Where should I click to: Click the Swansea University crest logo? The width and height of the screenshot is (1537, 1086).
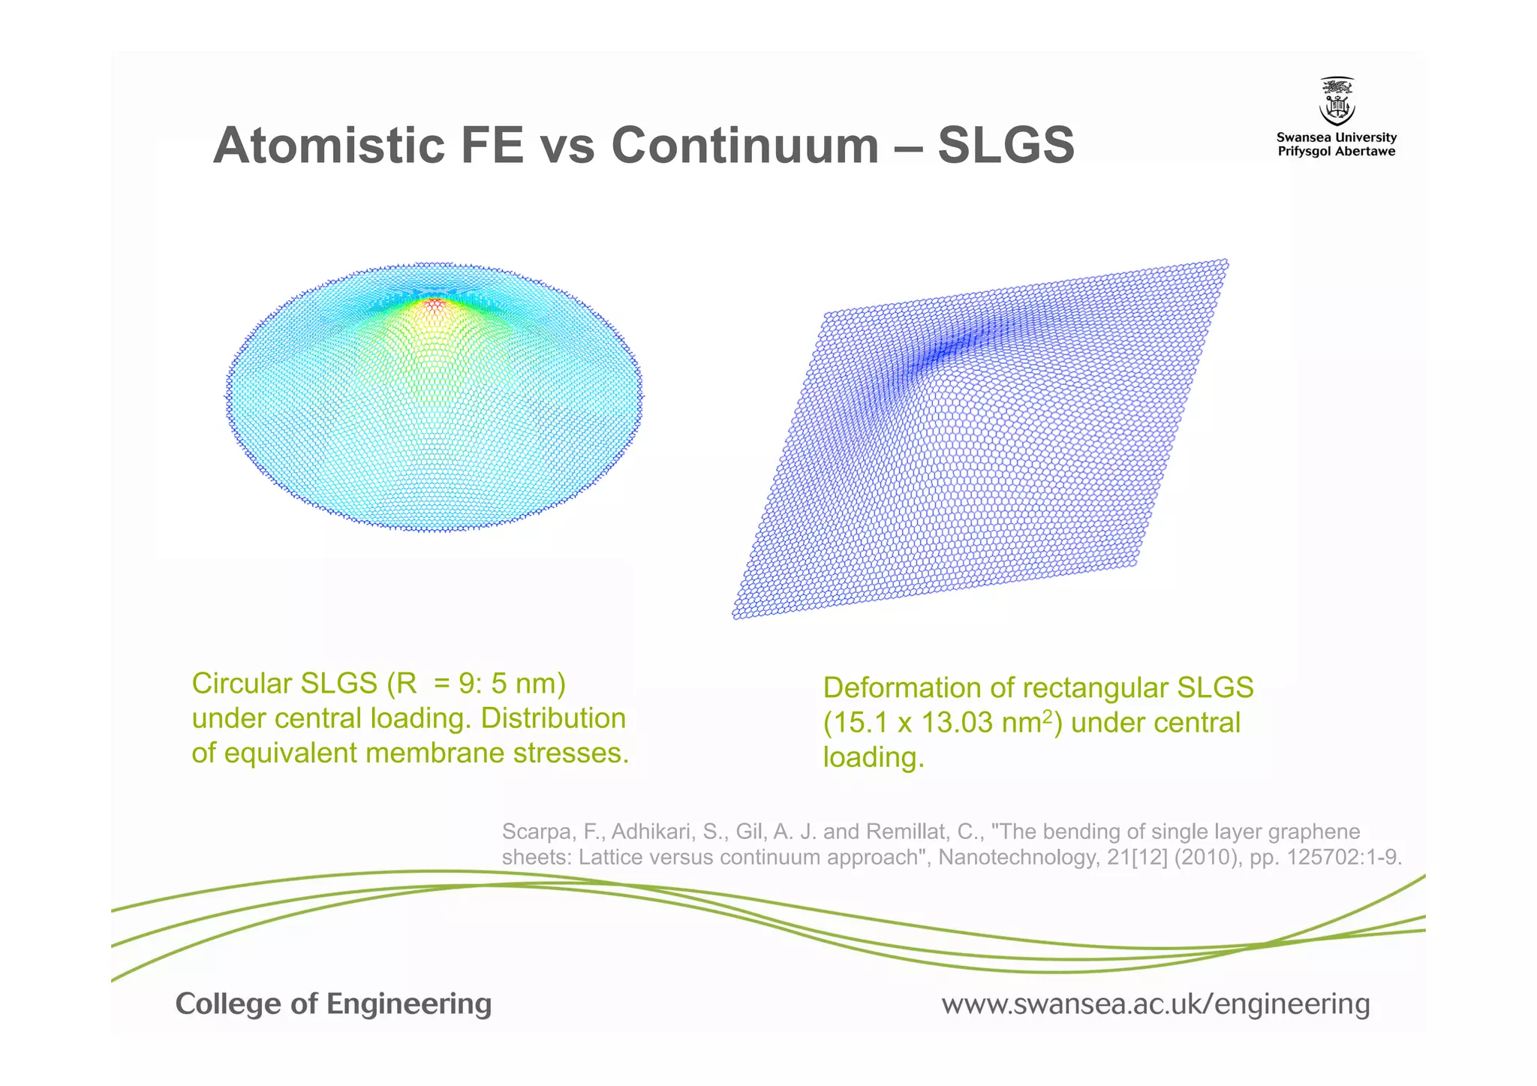[1337, 101]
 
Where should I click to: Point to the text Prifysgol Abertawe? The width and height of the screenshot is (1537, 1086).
[1337, 152]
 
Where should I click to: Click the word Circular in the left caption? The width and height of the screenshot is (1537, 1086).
[242, 684]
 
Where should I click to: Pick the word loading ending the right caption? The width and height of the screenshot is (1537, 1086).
[873, 757]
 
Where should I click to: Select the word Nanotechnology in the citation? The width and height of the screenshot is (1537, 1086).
[1018, 857]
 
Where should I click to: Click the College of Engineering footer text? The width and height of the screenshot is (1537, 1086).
[333, 1004]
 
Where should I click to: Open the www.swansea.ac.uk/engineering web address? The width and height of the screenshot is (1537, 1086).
[1156, 1004]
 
